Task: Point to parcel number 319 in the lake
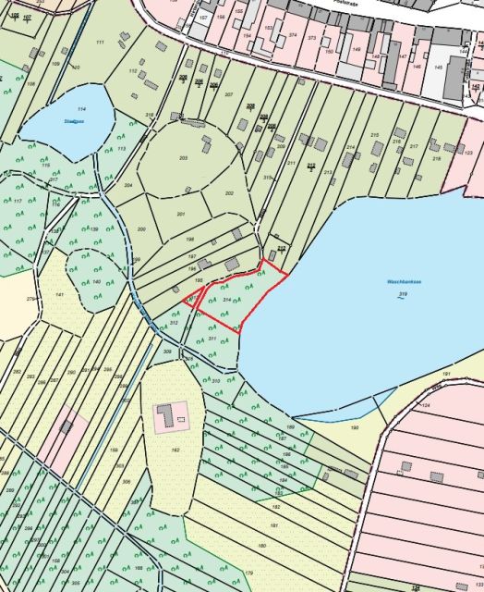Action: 402,295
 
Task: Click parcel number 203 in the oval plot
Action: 183,158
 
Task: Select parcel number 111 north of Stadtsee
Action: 99,43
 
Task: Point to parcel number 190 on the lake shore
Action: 354,427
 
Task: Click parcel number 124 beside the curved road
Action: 426,406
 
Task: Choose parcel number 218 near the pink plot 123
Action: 435,159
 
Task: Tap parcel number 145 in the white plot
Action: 440,68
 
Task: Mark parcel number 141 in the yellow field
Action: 60,293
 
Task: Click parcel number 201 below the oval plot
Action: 181,215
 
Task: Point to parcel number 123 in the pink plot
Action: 468,152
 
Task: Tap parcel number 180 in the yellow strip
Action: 261,546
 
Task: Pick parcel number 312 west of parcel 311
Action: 173,324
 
